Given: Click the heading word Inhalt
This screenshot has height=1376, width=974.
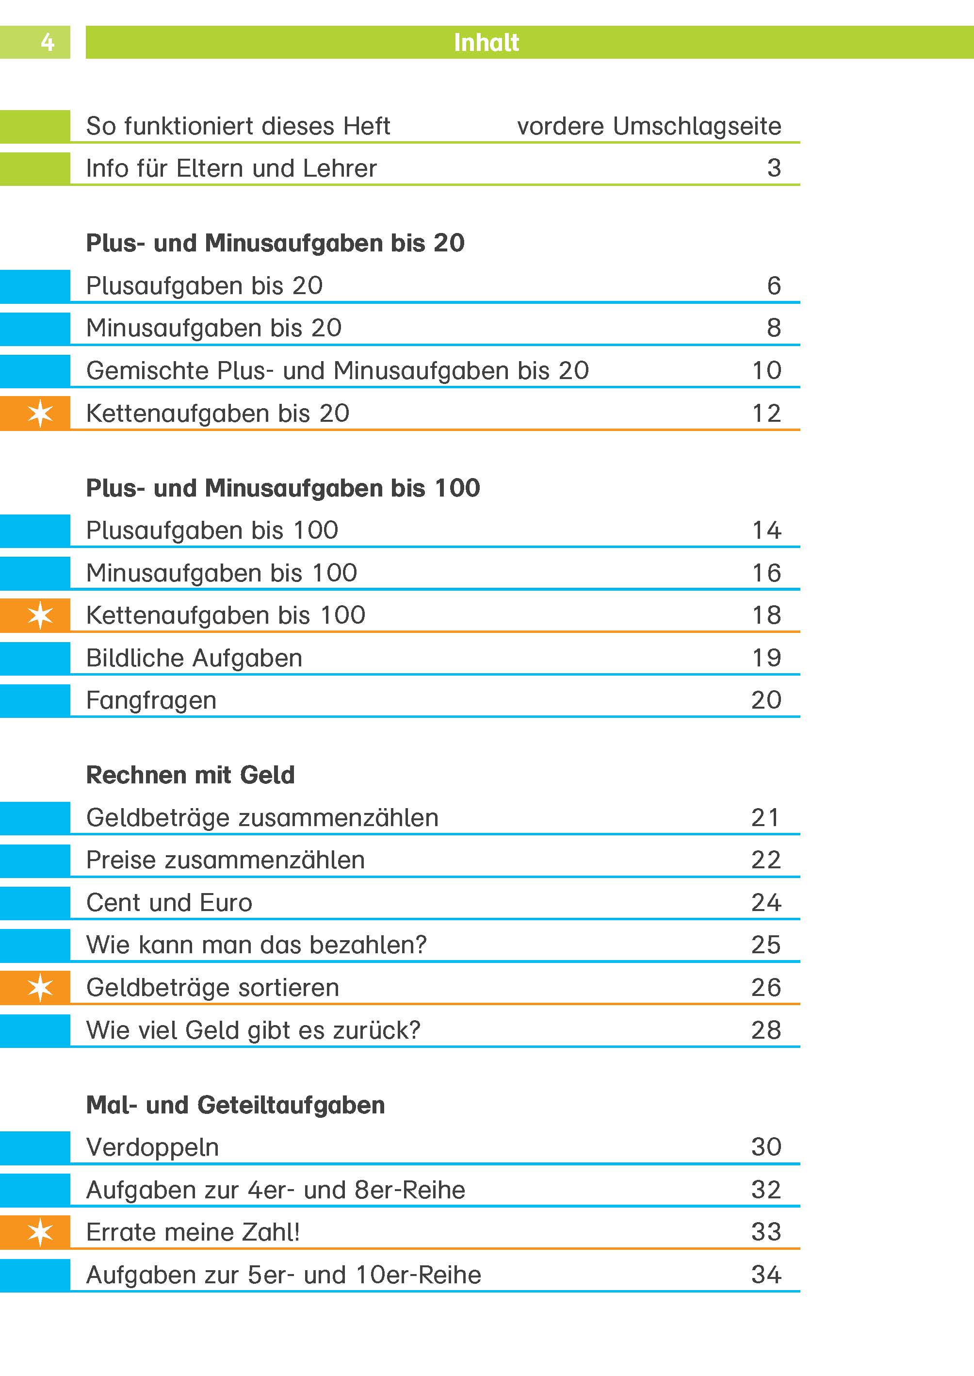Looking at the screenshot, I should pyautogui.click(x=486, y=43).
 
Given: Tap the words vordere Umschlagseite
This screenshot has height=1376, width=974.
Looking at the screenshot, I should pyautogui.click(x=649, y=126).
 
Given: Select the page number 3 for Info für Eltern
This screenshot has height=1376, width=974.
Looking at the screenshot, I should pyautogui.click(x=774, y=168).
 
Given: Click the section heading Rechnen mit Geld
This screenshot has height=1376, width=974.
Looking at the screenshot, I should pyautogui.click(x=190, y=775).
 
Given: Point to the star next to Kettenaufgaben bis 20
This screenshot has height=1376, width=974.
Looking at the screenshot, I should pyautogui.click(x=40, y=413).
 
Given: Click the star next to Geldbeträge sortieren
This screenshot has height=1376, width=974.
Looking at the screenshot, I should pyautogui.click(x=40, y=987).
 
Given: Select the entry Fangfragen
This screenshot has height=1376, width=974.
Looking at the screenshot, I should pyautogui.click(x=151, y=700).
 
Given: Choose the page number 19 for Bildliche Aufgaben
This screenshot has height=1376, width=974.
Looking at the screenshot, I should pyautogui.click(x=766, y=658).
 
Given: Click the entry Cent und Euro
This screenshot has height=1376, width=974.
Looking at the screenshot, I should pyautogui.click(x=169, y=903).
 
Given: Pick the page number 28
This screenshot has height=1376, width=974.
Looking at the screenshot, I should pyautogui.click(x=766, y=1030).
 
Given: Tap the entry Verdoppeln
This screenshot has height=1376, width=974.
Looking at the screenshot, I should pyautogui.click(x=152, y=1147).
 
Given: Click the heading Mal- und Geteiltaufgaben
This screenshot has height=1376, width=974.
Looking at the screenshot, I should pyautogui.click(x=235, y=1105).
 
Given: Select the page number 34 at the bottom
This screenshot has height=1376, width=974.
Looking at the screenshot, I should pyautogui.click(x=766, y=1275).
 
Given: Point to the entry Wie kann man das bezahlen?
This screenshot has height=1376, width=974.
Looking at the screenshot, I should pyautogui.click(x=256, y=945).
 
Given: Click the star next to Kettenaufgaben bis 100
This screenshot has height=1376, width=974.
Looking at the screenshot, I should pyautogui.click(x=40, y=615).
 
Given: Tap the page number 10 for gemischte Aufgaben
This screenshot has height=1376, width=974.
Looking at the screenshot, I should pyautogui.click(x=766, y=370).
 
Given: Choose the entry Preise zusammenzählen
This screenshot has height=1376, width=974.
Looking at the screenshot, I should pyautogui.click(x=225, y=860).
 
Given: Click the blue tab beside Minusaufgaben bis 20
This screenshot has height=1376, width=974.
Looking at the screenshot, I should pyautogui.click(x=35, y=328).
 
